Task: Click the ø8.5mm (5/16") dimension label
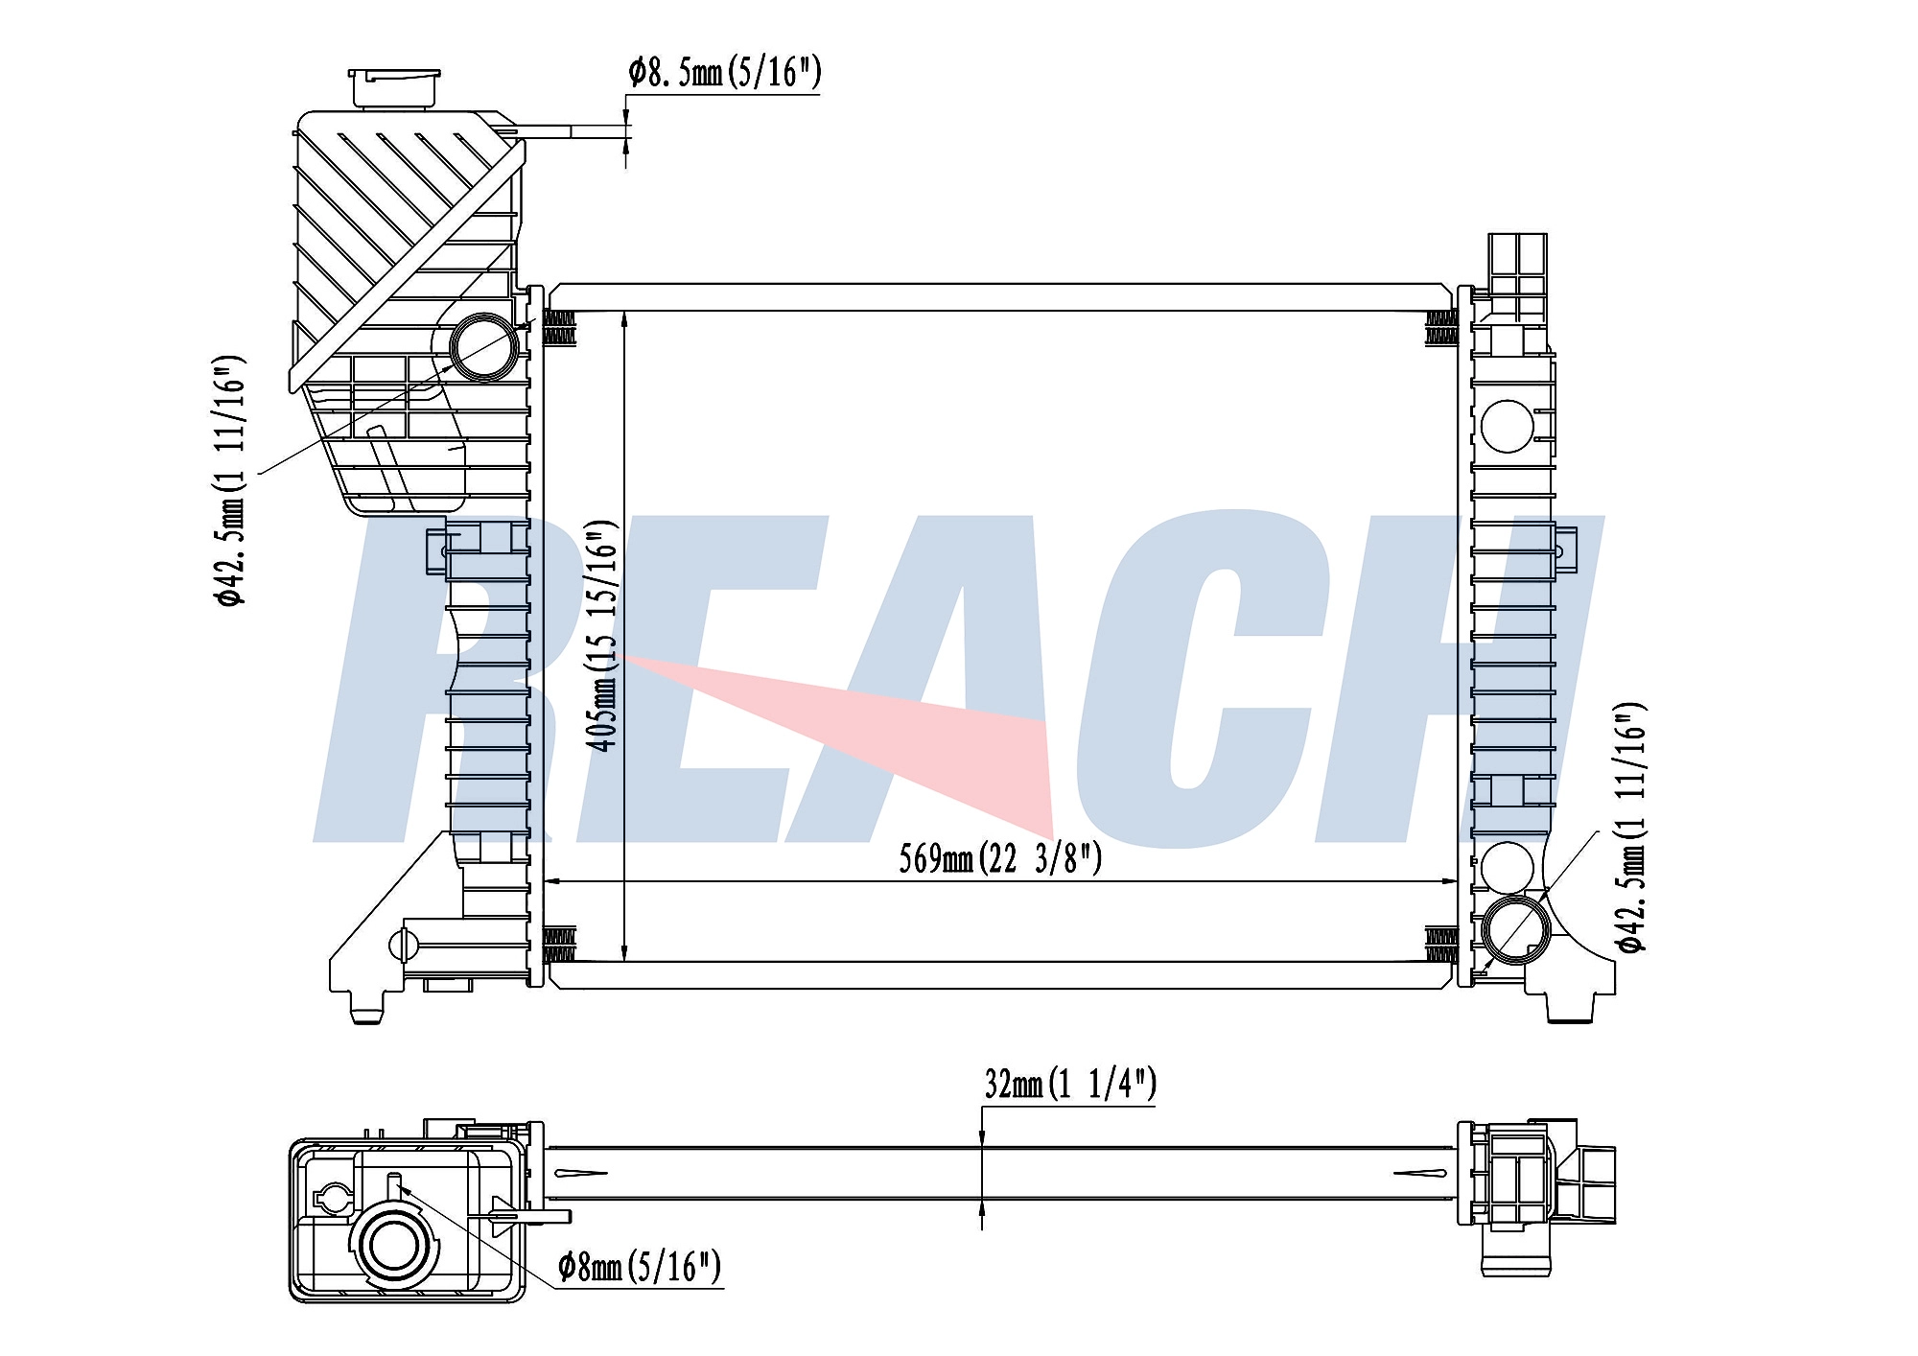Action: (x=725, y=72)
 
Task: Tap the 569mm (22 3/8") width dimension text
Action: (x=1000, y=858)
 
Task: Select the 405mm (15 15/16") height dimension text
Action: (x=601, y=636)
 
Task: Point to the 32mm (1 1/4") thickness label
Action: (x=1070, y=1083)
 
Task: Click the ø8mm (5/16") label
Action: (x=640, y=1267)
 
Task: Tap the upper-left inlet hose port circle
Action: (x=484, y=346)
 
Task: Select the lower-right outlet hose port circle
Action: (x=1515, y=930)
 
